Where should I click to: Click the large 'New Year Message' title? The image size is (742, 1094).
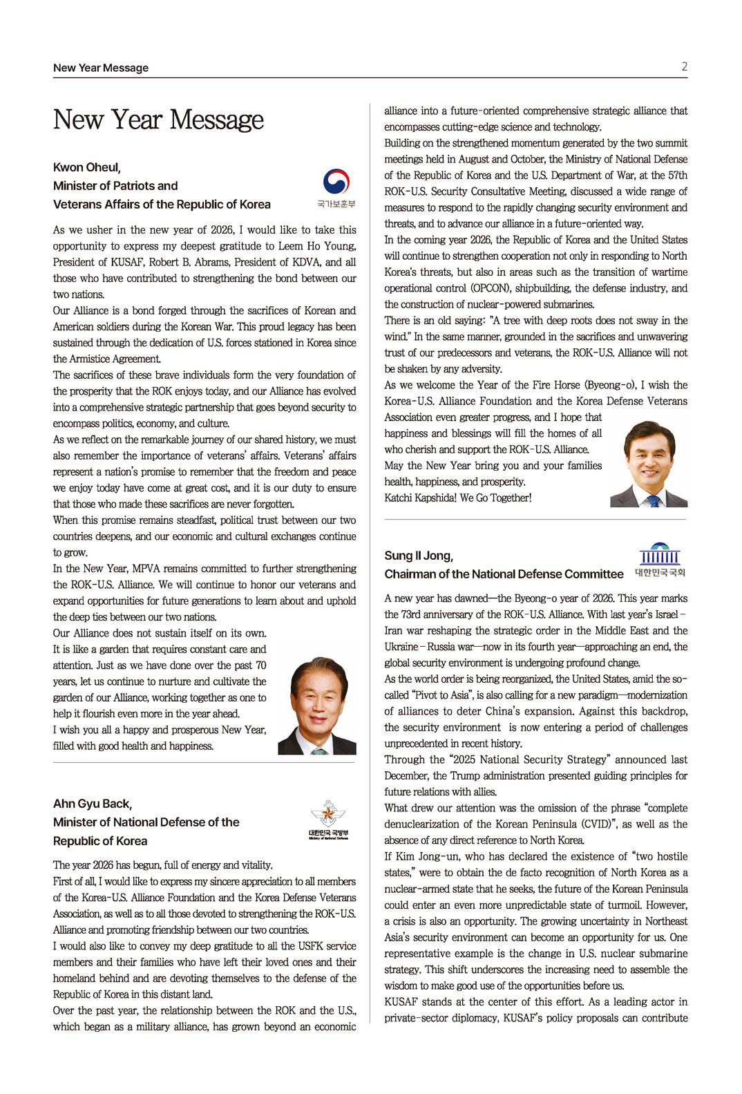point(158,120)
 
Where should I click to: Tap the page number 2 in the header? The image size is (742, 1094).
point(684,67)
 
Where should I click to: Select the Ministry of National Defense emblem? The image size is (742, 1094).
point(328,820)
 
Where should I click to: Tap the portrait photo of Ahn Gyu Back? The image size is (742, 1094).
point(649,464)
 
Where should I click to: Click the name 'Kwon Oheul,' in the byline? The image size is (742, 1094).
point(87,167)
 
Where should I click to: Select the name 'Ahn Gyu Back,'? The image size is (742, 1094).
point(93,804)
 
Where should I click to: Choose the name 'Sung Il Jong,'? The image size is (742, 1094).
point(419,556)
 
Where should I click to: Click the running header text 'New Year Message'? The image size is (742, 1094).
point(101,68)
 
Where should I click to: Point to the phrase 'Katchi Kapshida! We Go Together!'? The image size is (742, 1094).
point(458,498)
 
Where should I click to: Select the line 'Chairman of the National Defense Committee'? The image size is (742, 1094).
point(504,574)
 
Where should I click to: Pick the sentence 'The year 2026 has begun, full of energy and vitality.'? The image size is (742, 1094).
point(163,865)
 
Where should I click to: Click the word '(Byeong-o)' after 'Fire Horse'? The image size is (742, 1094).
point(610,385)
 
